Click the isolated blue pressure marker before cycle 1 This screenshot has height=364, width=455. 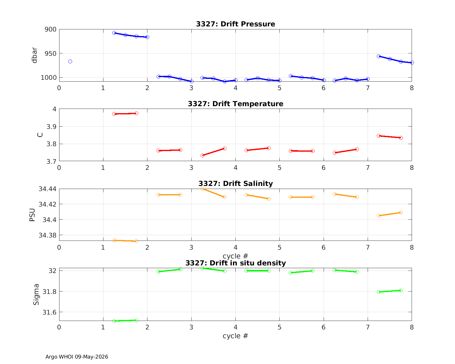(x=70, y=62)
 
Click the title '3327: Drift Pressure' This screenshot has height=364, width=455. (x=235, y=24)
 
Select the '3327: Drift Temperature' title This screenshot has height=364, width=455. (x=235, y=104)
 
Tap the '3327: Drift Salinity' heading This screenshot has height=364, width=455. (x=235, y=184)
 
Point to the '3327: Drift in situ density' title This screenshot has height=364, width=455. (x=235, y=263)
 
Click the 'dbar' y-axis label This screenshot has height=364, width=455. (x=34, y=55)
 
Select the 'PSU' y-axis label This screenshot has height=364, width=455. (x=32, y=215)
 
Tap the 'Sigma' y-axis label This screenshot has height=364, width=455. (x=36, y=295)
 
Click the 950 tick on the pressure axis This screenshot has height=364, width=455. (x=51, y=54)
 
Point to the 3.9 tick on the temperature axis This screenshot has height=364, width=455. (x=51, y=127)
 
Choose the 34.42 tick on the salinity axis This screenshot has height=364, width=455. (x=48, y=204)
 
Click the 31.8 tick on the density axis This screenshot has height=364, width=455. (x=49, y=292)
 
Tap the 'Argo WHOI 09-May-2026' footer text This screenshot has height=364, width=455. (x=77, y=357)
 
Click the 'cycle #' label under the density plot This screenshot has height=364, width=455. (x=235, y=336)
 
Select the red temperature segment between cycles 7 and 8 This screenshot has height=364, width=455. (x=390, y=137)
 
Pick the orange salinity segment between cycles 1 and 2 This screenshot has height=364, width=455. (x=125, y=241)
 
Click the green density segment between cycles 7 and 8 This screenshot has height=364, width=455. (x=390, y=291)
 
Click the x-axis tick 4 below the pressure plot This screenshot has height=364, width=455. (x=235, y=88)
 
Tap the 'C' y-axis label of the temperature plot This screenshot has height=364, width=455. (x=40, y=135)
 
